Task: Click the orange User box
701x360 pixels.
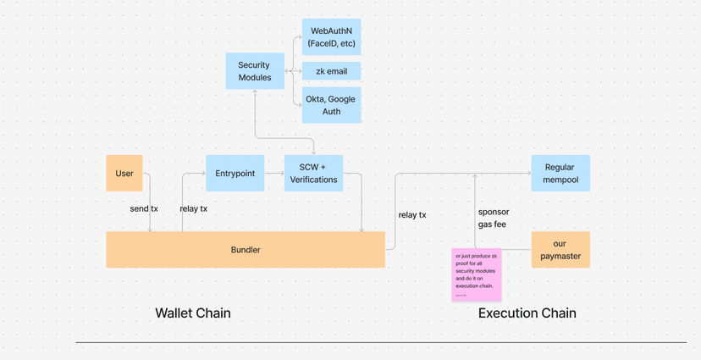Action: (124, 173)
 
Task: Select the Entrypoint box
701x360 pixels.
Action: (235, 173)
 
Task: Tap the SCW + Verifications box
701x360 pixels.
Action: (313, 173)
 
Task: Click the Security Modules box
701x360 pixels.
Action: (254, 70)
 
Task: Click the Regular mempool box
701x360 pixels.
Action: (560, 173)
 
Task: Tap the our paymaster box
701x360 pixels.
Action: (560, 249)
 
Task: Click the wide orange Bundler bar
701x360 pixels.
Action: (246, 250)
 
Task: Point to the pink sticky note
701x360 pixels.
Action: (477, 274)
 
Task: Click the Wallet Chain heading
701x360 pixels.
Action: (193, 313)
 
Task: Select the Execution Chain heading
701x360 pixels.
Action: (527, 313)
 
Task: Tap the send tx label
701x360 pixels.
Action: (143, 208)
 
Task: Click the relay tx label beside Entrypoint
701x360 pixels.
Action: (194, 208)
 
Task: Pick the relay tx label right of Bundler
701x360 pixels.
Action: (412, 214)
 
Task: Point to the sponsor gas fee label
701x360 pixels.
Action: (494, 218)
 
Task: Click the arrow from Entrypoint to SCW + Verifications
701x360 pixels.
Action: (274, 173)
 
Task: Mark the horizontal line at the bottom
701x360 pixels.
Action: (381, 342)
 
